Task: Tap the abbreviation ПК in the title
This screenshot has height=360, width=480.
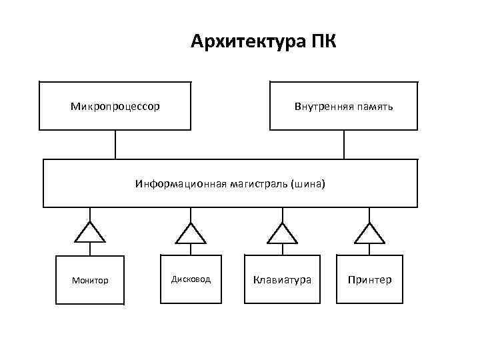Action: coord(323,42)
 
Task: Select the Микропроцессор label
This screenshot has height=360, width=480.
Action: coord(115,106)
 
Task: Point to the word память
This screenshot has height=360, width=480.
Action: coord(374,106)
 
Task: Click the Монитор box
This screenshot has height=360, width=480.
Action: coord(90,280)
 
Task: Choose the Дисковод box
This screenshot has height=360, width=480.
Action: coord(191,279)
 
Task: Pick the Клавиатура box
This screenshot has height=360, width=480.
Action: coord(282,279)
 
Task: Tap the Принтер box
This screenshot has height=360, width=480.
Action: coord(370,279)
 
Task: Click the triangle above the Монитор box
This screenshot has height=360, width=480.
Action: coord(90,233)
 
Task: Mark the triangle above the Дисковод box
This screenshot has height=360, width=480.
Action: coord(191,233)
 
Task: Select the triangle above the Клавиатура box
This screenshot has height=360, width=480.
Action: coord(282,233)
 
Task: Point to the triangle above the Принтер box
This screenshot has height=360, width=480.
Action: coord(370,233)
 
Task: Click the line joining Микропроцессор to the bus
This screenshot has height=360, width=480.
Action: coord(115,144)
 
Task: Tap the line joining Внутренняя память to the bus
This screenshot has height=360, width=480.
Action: coord(344,144)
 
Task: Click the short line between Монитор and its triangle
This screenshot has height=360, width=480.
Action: coord(90,248)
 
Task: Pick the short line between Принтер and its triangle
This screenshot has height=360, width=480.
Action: coord(370,248)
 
